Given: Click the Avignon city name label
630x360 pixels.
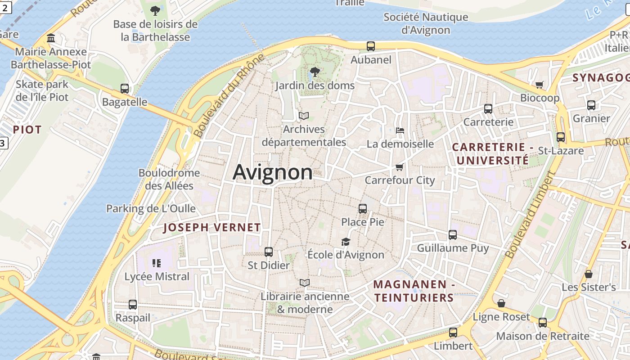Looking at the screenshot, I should click(x=272, y=172).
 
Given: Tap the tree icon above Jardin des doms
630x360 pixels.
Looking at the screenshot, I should click(x=315, y=72).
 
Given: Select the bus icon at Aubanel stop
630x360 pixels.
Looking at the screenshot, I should click(x=371, y=46).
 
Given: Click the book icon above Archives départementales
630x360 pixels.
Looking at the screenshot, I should click(x=304, y=116).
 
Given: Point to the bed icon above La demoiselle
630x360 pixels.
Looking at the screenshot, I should click(x=400, y=130).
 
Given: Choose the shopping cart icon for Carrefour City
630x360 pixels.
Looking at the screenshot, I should click(x=399, y=167).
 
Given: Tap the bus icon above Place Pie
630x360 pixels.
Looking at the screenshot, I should click(x=363, y=208).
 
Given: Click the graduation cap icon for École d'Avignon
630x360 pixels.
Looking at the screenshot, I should click(x=346, y=242).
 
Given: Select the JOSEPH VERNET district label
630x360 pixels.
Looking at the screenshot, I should click(x=212, y=228).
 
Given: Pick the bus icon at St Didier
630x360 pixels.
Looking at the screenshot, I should click(x=269, y=252).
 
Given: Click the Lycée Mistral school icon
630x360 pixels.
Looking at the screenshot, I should click(x=157, y=263).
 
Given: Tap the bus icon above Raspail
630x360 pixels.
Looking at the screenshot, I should click(x=133, y=305).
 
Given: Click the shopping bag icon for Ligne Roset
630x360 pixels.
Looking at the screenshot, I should click(x=501, y=303).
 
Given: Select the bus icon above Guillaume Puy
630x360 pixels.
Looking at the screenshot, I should click(x=453, y=235).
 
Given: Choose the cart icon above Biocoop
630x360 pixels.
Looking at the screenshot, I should click(x=540, y=85).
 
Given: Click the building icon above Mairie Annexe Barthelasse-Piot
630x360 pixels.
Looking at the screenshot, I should click(x=51, y=38).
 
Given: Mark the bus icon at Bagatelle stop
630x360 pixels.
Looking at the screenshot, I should click(x=125, y=89).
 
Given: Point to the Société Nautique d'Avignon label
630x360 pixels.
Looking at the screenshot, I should click(x=426, y=24).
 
